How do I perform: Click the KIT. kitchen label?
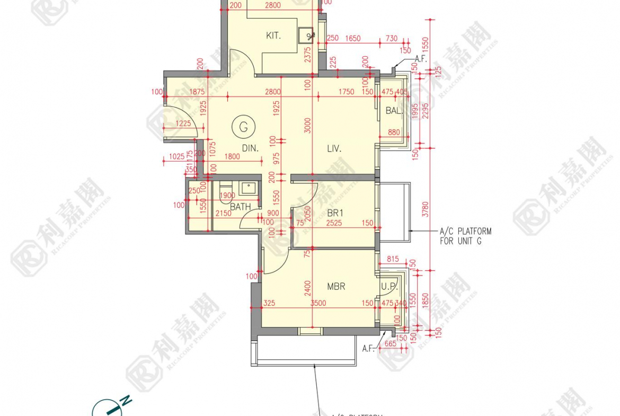tap(273, 36)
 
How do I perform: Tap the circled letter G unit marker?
tap(243, 127)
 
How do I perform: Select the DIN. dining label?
tap(251, 149)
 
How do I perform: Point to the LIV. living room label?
tap(334, 149)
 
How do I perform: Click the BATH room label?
tap(240, 207)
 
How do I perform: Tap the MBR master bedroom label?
tap(336, 287)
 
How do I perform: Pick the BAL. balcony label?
tap(394, 111)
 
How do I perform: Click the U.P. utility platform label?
tap(389, 287)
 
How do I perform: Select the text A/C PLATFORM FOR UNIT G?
tap(465, 236)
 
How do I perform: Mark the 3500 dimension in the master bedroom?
tap(318, 304)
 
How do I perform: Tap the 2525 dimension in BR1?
tap(334, 224)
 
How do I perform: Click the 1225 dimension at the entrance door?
tap(183, 123)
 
